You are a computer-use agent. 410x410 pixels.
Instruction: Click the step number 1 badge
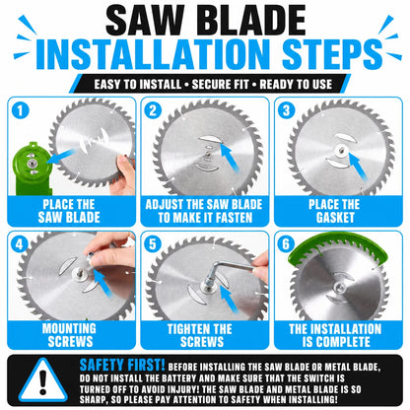click(20, 110)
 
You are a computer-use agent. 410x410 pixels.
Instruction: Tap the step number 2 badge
click(153, 110)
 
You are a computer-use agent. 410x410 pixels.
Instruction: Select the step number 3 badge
click(286, 110)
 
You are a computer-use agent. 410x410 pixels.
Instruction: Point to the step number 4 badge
click(20, 244)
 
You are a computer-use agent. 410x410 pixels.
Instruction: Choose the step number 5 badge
click(153, 244)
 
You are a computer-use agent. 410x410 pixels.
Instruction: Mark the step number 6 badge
click(286, 244)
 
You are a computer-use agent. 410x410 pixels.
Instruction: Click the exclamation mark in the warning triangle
click(42, 382)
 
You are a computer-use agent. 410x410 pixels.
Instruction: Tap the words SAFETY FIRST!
click(122, 365)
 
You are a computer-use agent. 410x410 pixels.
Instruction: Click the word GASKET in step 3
click(335, 218)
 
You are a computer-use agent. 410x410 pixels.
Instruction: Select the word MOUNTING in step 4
click(69, 328)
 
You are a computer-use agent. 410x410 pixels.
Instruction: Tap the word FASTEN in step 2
click(233, 218)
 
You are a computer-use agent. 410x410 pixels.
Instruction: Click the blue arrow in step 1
click(61, 156)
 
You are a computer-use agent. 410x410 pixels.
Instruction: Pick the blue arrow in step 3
click(358, 166)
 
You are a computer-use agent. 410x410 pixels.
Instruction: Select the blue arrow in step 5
click(228, 300)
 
